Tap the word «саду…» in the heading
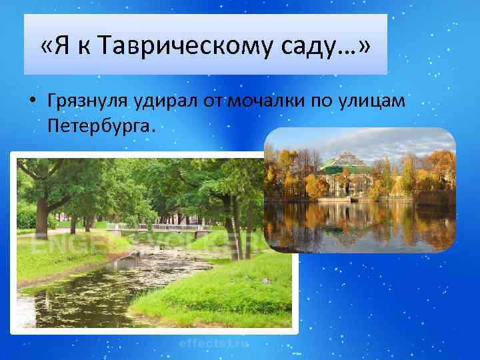pos(299,47)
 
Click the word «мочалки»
pos(257,102)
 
